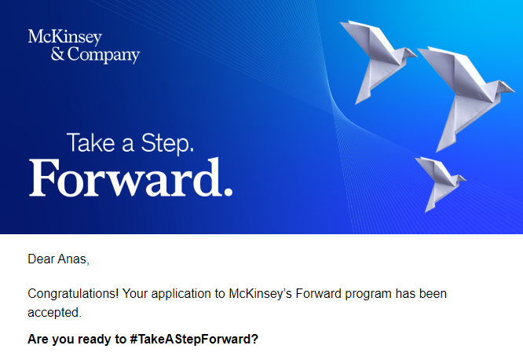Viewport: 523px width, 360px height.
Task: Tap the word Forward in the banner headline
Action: (123, 179)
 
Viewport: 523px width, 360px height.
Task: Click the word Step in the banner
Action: (166, 143)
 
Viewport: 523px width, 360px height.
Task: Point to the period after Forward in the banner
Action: (228, 191)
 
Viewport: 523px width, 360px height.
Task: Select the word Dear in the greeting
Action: (40, 259)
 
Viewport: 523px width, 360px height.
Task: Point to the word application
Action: (178, 294)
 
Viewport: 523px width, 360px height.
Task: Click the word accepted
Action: (53, 312)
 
